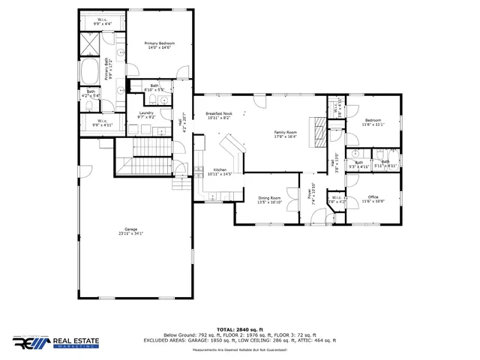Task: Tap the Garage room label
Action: tap(130, 229)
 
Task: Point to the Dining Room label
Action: tap(269, 198)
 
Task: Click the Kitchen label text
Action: tap(220, 169)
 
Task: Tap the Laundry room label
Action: tap(146, 112)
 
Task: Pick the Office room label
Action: tap(373, 197)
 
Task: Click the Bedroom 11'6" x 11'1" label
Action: tap(373, 120)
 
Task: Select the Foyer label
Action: tap(308, 193)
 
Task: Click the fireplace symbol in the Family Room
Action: tap(320, 133)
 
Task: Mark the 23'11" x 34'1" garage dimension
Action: tap(130, 234)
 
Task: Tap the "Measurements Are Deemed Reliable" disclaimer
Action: tap(240, 350)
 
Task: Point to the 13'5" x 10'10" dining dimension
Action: tap(269, 202)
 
